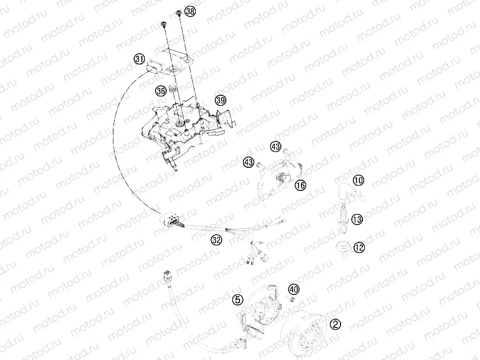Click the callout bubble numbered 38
189,11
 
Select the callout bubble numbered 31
139,59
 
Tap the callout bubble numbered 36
160,91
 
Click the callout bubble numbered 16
300,185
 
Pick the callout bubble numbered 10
359,180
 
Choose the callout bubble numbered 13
357,220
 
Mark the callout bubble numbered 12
359,247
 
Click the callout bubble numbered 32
216,240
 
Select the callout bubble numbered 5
238,300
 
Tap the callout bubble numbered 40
294,289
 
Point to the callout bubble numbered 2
335,323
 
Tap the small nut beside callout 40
291,300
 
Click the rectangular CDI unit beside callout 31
153,64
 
